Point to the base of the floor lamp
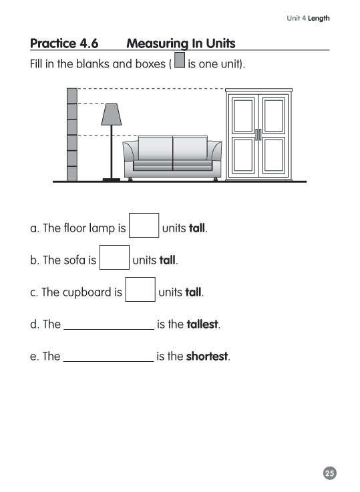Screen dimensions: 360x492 pyautogui.click(x=111, y=179)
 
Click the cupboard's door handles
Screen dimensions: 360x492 pyautogui.click(x=258, y=134)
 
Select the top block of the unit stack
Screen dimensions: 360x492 pyautogui.click(x=72, y=95)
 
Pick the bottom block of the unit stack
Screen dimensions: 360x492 pyautogui.click(x=72, y=172)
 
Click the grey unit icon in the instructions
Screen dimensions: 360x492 pyautogui.click(x=179, y=65)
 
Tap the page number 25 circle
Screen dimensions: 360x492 pyautogui.click(x=329, y=473)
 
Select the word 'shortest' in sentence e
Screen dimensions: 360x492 pyautogui.click(x=207, y=356)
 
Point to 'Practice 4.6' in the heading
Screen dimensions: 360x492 pyautogui.click(x=64, y=44)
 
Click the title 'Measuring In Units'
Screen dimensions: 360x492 pyautogui.click(x=180, y=44)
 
